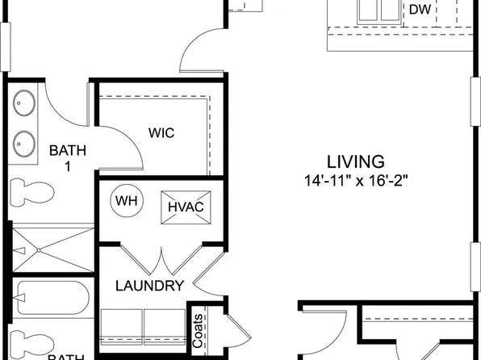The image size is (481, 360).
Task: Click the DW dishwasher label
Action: [x=419, y=10]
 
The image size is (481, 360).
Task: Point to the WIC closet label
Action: [x=161, y=132]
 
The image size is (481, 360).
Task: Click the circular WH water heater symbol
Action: [x=125, y=200]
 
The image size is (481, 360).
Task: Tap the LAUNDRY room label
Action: [x=150, y=285]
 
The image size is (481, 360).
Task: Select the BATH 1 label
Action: [x=65, y=157]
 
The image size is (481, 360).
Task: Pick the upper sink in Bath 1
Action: [x=24, y=103]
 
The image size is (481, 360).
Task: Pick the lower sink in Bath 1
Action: [x=24, y=141]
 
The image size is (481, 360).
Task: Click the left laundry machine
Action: [x=122, y=324]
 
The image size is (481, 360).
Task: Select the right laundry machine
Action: [x=165, y=324]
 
